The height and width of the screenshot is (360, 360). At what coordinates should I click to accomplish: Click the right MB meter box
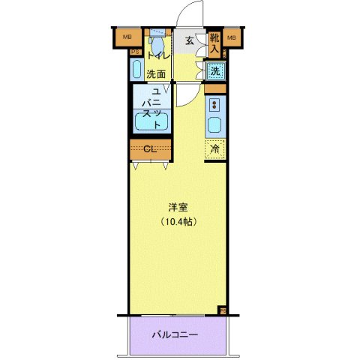(x=232, y=37)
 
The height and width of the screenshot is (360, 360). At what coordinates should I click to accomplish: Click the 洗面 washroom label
(x=156, y=73)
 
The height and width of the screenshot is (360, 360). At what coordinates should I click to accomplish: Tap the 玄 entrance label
(x=190, y=40)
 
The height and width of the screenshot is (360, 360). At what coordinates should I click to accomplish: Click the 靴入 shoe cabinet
(x=214, y=44)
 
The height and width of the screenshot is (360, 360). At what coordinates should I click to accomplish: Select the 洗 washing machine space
(x=214, y=71)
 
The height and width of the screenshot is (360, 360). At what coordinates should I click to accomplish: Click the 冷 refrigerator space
(x=215, y=149)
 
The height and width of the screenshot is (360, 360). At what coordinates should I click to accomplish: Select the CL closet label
(x=150, y=148)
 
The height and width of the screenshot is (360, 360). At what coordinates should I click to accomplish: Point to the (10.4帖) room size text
(x=177, y=222)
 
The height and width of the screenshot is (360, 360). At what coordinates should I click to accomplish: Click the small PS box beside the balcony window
(x=222, y=310)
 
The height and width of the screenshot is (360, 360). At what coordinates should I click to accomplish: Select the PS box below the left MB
(x=136, y=52)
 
